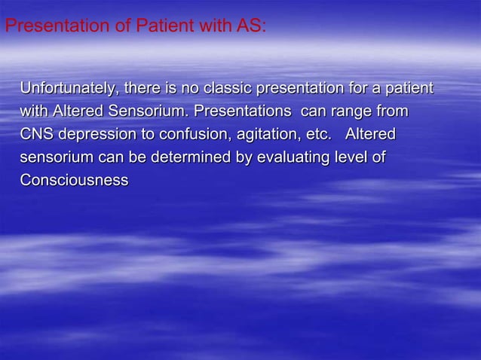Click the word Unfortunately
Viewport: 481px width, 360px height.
point(66,90)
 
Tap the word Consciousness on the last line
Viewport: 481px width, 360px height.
point(73,182)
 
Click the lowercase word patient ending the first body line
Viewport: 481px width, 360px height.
point(408,90)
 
